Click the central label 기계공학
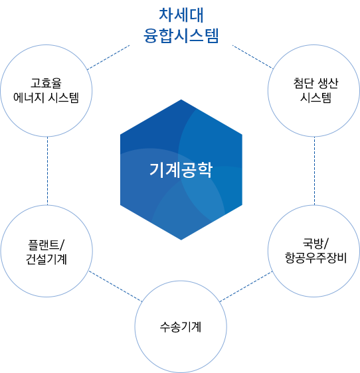point(180,170)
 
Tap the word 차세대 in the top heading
point(180,15)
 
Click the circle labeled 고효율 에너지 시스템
point(46,92)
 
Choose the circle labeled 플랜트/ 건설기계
point(46,250)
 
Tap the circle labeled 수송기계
point(180,327)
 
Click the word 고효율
point(46,84)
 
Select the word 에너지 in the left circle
point(31,99)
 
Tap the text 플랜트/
point(46,242)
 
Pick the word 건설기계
point(46,257)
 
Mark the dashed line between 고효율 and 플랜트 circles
point(48,171)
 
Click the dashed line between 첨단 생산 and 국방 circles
point(314,171)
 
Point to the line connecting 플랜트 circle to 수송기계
point(113,285)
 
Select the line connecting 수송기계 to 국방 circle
point(246,286)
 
